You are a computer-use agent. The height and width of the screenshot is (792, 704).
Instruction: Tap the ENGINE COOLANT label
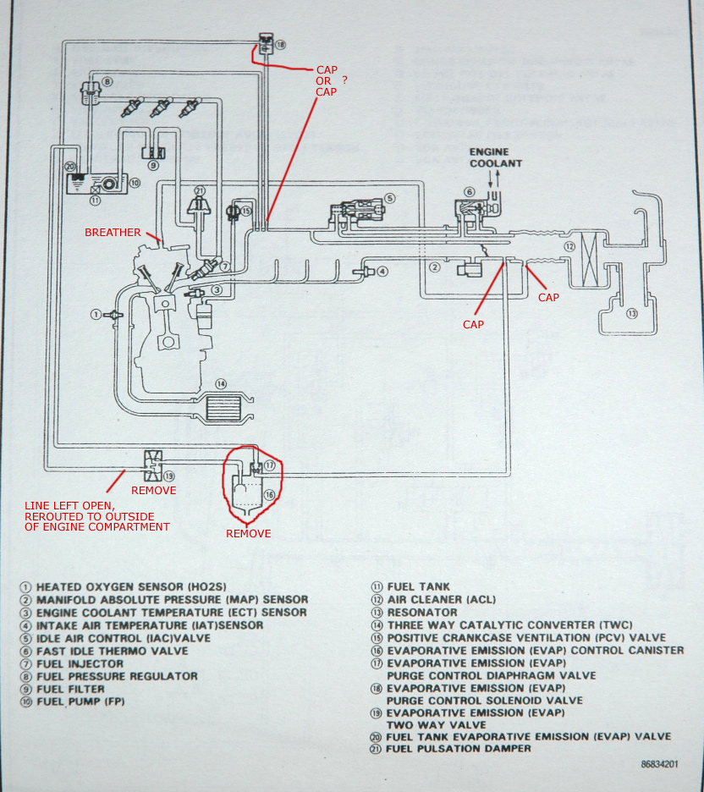coord(496,157)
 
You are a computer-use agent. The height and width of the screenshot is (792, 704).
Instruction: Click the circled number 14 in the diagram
coord(221,384)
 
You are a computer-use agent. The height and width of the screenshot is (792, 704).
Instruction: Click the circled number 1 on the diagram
coord(97,314)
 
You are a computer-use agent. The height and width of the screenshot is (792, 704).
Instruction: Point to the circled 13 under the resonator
coord(630,314)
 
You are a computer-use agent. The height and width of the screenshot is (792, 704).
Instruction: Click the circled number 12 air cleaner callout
coord(569,247)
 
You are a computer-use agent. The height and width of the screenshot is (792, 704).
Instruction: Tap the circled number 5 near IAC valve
coord(389,199)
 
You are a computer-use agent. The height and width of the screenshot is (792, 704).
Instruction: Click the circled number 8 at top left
coord(107,82)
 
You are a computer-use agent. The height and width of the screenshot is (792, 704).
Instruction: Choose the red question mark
coord(345,80)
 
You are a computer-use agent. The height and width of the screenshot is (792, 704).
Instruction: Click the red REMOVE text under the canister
coord(248,534)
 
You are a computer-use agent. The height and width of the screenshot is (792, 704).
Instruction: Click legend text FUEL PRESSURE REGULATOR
coord(117,676)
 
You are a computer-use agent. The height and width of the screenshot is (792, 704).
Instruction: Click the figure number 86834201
coord(660,764)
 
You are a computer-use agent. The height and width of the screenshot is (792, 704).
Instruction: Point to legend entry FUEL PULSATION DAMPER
coord(459,748)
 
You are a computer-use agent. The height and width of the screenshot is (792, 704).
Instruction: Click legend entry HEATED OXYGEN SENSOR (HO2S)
coord(131,586)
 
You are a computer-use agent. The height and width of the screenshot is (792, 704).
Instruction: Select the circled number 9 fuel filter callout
coord(153,166)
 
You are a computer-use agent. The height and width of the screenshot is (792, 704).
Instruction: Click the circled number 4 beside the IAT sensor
coord(382,272)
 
